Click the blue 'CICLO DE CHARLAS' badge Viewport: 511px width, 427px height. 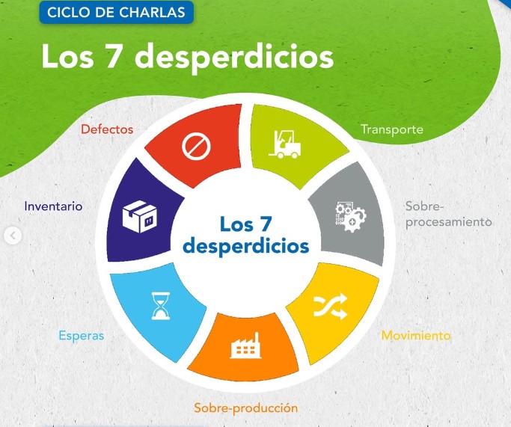coord(117,13)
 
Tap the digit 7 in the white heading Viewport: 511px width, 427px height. coord(112,56)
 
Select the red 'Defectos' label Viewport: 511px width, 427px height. coord(107,129)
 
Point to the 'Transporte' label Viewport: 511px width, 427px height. coord(392,129)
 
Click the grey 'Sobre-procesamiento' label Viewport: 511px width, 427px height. coord(448,215)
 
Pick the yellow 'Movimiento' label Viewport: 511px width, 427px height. coord(416,335)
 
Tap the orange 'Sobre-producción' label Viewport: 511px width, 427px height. coord(245,408)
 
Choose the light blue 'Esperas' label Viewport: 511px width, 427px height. coord(81,336)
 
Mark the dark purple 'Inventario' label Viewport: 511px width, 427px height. coord(53,206)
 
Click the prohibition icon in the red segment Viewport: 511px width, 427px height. coord(196,147)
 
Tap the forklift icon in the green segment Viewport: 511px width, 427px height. coord(284,144)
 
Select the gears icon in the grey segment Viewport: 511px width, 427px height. coord(351,217)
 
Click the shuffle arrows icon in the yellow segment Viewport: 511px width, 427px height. coord(330,306)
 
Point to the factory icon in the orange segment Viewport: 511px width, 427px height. coord(245,346)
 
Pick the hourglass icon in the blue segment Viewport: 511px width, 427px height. coord(161,306)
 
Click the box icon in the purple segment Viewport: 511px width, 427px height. coord(140,216)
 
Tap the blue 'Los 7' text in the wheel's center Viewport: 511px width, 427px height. coord(245,224)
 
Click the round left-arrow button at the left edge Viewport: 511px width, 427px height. coord(13,235)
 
